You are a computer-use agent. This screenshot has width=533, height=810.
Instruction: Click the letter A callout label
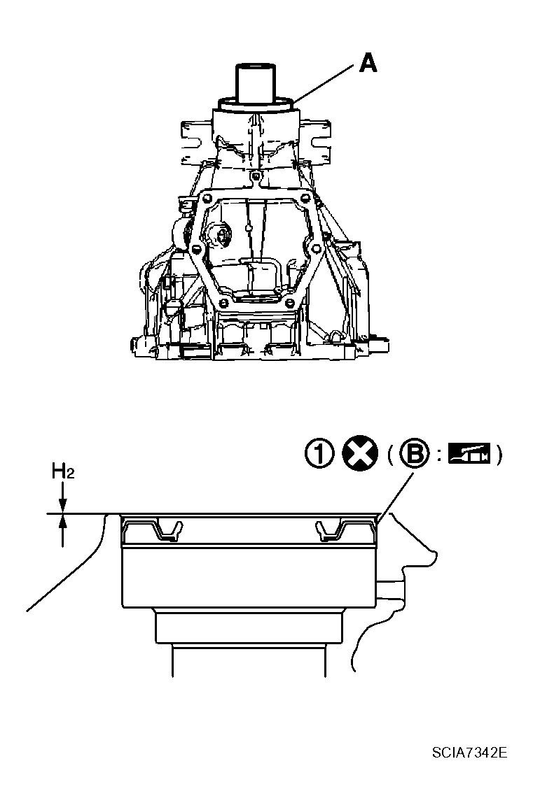pyautogui.click(x=368, y=64)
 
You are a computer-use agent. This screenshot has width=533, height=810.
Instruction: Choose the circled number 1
pyautogui.click(x=319, y=455)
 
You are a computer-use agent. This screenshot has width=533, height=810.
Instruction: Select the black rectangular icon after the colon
pyautogui.click(x=469, y=455)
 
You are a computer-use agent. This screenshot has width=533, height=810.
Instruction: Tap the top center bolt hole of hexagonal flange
pyautogui.click(x=257, y=174)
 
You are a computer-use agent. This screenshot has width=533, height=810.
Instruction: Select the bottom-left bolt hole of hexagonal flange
pyautogui.click(x=223, y=302)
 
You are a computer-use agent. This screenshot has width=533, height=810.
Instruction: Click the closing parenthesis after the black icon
pyautogui.click(x=497, y=455)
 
